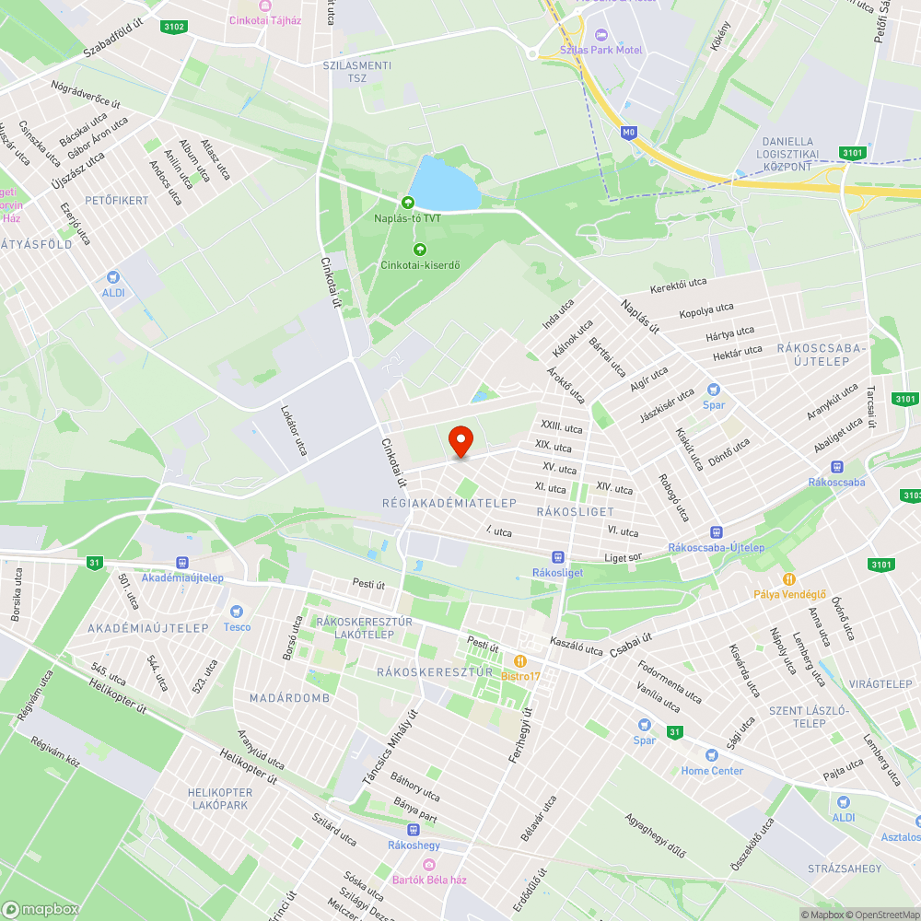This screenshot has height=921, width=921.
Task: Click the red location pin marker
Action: pos(460,441)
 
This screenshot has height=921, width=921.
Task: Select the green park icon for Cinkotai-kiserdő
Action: pos(420,249)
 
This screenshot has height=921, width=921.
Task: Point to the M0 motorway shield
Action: pos(628,133)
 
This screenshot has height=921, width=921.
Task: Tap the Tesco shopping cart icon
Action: pos(237,612)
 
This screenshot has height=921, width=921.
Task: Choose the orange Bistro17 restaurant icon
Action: pos(520,660)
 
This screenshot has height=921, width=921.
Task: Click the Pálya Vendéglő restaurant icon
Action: pos(789,578)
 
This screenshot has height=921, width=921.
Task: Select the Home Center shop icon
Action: pos(712,755)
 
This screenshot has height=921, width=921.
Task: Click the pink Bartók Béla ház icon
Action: pos(428,864)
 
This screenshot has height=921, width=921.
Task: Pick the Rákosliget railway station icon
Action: pos(557,556)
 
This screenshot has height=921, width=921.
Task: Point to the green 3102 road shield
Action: pos(172,27)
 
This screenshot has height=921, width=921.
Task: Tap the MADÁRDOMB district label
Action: pos(289,698)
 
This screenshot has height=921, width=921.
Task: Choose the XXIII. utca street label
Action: pos(562,427)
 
